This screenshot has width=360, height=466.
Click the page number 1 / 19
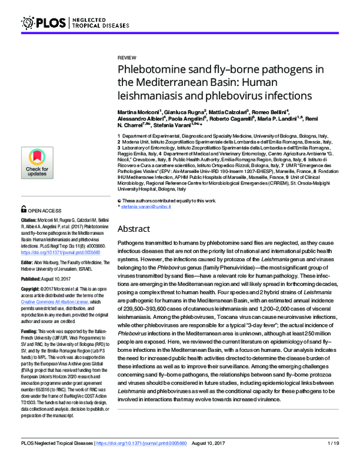[335, 459]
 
